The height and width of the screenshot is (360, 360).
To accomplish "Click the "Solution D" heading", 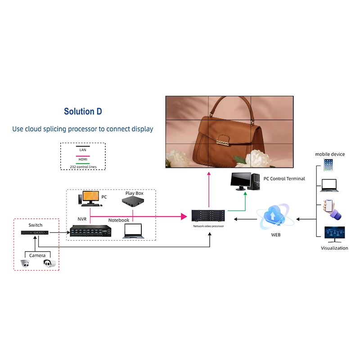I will tap(83, 111).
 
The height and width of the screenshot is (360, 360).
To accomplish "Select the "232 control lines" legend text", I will tap(82, 167).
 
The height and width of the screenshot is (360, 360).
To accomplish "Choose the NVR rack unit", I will tap(90, 230).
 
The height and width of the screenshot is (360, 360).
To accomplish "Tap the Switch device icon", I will tap(35, 233).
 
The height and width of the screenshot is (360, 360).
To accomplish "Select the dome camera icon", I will tap(25, 263).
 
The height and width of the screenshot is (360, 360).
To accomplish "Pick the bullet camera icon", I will tap(49, 263).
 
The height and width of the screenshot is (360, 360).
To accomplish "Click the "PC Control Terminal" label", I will tap(284, 179).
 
